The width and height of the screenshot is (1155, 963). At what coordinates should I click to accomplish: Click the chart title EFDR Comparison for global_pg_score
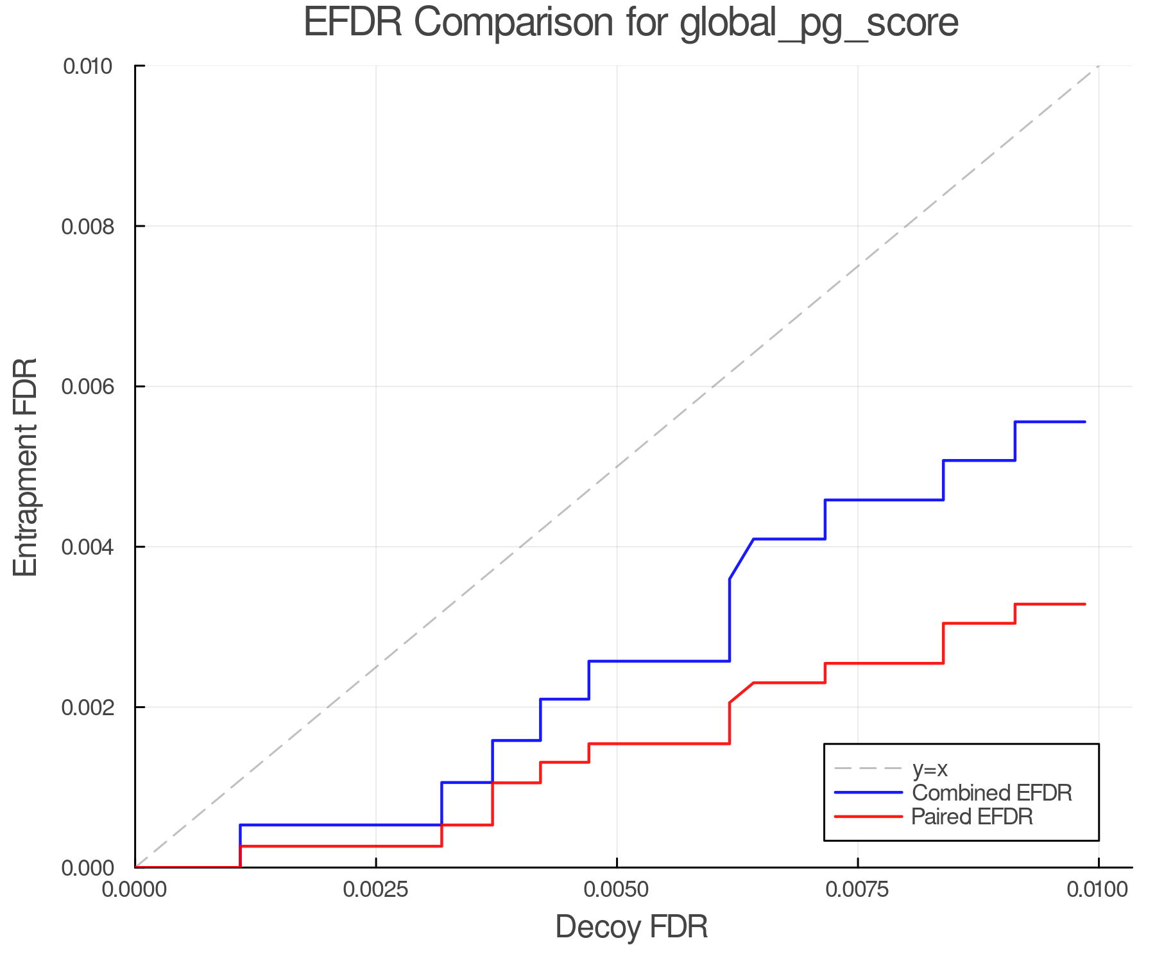[631, 22]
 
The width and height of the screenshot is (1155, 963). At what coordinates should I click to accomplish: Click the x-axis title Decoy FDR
[631, 927]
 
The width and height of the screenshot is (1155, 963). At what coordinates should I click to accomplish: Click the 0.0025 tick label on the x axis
[376, 890]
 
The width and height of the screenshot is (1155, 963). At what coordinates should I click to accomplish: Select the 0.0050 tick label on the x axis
[617, 890]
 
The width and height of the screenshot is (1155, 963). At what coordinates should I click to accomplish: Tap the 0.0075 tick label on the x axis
[858, 890]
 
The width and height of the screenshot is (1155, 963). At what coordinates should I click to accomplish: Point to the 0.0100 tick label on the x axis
[1098, 890]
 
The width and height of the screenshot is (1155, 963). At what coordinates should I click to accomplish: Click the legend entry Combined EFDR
[992, 793]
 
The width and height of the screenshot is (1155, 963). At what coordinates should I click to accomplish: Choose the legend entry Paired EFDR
[972, 817]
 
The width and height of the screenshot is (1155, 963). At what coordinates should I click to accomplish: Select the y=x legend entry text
[930, 768]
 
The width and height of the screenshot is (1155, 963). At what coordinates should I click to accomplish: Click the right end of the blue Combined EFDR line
[1084, 422]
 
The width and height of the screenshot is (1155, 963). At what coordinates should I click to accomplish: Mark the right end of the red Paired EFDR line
[1084, 604]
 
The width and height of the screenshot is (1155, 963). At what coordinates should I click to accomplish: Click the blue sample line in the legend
[868, 793]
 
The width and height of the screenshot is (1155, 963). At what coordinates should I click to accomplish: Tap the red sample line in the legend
[868, 817]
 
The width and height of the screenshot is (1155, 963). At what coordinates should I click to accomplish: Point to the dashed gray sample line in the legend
[868, 768]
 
